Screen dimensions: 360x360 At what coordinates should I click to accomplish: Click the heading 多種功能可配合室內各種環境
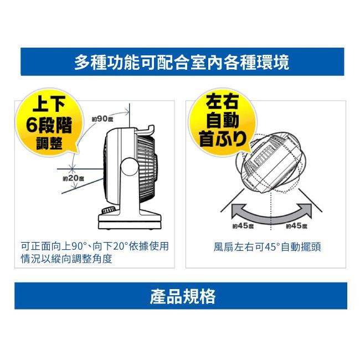182,62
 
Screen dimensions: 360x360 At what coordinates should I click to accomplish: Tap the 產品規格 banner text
183,296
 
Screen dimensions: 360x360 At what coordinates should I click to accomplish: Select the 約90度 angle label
102,119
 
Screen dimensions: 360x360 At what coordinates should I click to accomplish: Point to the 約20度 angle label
74,178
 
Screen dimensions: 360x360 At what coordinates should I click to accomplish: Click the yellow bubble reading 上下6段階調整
49,123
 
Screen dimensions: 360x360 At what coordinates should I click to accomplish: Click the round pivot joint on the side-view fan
130,167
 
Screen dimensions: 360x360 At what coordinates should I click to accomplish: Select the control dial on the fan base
109,210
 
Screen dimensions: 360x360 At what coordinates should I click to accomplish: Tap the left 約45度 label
243,226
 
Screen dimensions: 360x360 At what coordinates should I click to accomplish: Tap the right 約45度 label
297,226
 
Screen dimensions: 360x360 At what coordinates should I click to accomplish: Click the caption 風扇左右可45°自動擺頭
267,247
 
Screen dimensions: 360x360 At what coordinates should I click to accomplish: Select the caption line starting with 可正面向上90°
95,246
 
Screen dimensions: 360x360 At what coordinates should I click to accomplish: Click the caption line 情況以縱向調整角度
66,259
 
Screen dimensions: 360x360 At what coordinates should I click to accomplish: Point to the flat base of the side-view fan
130,222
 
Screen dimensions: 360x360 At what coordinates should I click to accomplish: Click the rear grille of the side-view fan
147,169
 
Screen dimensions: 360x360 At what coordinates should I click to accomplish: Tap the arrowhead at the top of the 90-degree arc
127,112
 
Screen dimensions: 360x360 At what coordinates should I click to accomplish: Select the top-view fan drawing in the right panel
271,163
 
